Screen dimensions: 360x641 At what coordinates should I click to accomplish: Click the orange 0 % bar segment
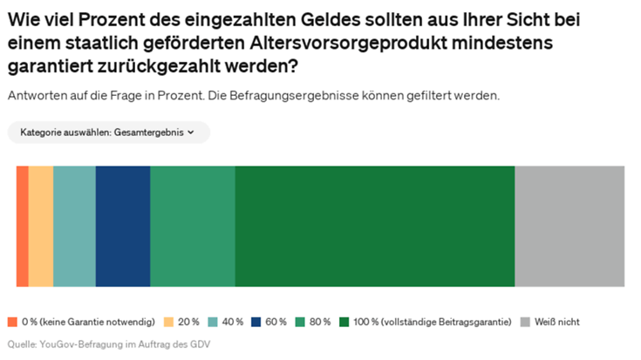click(x=23, y=226)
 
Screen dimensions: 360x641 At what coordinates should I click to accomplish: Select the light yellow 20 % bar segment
click(x=41, y=226)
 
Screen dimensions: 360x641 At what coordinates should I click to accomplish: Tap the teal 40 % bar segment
click(x=74, y=226)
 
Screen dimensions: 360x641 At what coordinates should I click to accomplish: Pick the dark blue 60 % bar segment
click(x=123, y=226)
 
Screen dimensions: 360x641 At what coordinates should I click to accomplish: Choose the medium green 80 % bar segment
click(x=193, y=226)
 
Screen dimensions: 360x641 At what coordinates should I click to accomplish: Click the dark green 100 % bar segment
click(x=375, y=226)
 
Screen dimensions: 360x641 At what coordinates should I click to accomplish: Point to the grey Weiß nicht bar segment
click(x=569, y=226)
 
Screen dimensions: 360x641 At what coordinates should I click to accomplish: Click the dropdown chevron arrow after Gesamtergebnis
click(x=191, y=132)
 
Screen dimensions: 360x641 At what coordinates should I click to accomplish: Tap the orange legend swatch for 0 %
click(x=12, y=322)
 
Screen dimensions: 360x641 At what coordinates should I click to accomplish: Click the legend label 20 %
click(x=188, y=322)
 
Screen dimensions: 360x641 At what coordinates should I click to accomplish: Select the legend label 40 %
click(x=233, y=322)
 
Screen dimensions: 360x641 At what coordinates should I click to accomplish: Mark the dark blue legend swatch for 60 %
click(x=257, y=322)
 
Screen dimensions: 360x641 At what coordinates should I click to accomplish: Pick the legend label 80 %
click(x=320, y=322)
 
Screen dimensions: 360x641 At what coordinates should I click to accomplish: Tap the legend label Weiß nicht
click(x=557, y=322)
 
